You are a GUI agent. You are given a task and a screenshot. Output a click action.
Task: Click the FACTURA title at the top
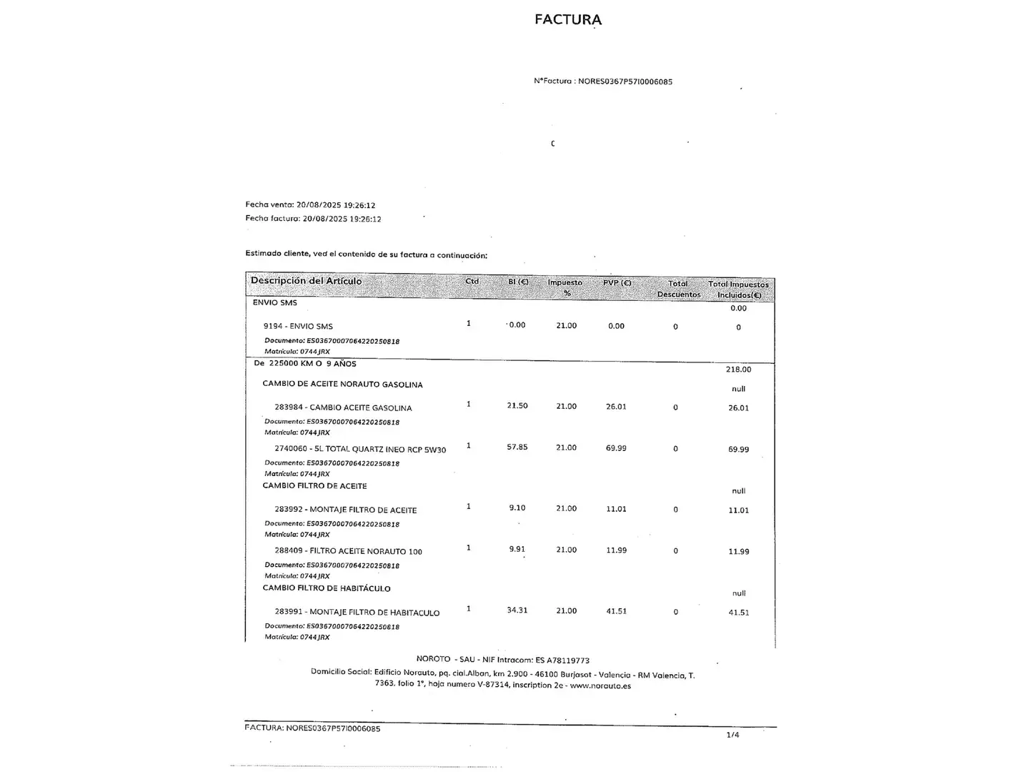tap(568, 19)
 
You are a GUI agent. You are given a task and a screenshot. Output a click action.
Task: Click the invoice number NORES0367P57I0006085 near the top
tap(625, 81)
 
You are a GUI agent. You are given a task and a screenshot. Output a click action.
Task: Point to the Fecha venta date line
tap(310, 205)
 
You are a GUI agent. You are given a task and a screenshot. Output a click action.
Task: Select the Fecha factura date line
tap(313, 219)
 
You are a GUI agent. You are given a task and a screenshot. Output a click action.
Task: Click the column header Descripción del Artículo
tap(306, 281)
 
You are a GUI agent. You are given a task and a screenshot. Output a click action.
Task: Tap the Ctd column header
tap(472, 282)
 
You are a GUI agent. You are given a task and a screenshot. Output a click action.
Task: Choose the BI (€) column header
tap(518, 282)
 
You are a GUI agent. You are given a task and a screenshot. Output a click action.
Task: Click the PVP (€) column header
tap(617, 283)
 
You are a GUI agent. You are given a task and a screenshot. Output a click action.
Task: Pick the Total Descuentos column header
tap(678, 289)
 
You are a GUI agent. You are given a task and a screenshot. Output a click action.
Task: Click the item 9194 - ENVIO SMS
tap(298, 327)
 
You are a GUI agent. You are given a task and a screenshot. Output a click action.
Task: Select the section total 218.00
tap(738, 370)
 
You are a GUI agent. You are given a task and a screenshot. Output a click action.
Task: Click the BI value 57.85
tap(517, 447)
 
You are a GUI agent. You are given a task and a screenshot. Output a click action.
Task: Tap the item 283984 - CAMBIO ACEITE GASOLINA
tap(343, 408)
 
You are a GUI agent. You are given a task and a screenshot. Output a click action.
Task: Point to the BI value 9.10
tap(517, 508)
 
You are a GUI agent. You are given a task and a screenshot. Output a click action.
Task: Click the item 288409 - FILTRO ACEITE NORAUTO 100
tap(348, 551)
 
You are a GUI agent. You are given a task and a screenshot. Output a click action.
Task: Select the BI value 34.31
tap(517, 610)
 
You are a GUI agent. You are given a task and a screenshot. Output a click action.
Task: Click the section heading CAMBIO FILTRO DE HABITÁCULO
tap(327, 588)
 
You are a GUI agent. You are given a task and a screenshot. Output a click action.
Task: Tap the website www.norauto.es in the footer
tap(600, 686)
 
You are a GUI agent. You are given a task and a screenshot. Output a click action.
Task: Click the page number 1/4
tap(732, 735)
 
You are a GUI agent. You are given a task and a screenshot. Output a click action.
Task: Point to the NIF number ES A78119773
tap(562, 660)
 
